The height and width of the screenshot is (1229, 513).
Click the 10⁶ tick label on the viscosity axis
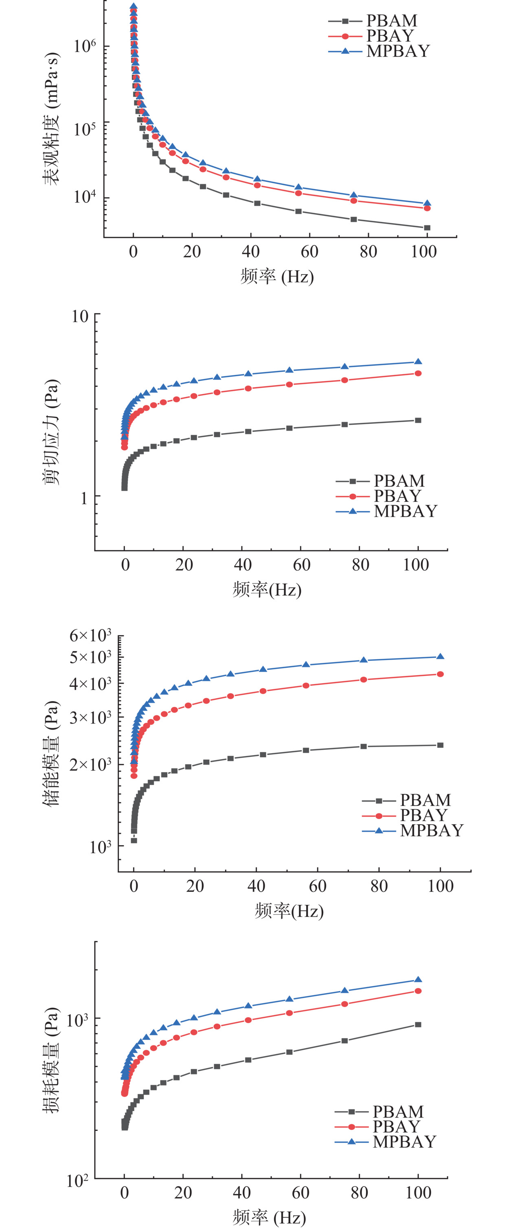tap(85, 46)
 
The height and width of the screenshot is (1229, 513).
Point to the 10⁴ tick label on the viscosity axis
tap(85, 196)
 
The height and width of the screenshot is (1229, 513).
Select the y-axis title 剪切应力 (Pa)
tap(52, 432)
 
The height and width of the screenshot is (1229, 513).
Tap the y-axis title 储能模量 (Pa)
tap(52, 754)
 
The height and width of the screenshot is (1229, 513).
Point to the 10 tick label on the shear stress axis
tap(80, 316)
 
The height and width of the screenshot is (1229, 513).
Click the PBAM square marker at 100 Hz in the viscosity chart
tap(427, 228)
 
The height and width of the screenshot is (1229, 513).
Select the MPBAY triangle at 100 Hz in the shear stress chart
tap(418, 362)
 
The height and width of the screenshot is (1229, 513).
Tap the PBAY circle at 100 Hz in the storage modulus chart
tap(441, 674)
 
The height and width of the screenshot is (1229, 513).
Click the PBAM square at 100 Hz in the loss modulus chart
tap(418, 1024)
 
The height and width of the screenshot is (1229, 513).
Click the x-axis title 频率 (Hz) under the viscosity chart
tap(277, 276)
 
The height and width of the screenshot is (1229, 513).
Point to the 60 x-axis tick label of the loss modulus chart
tap(300, 1193)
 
